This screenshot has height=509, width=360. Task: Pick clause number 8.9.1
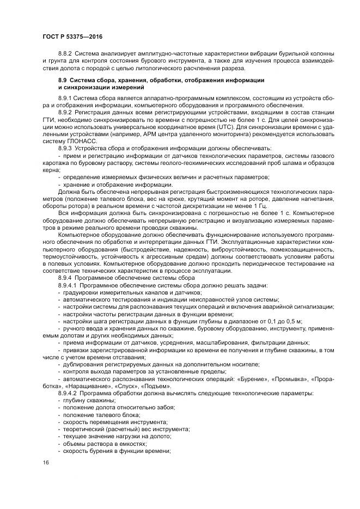point(65,97)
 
